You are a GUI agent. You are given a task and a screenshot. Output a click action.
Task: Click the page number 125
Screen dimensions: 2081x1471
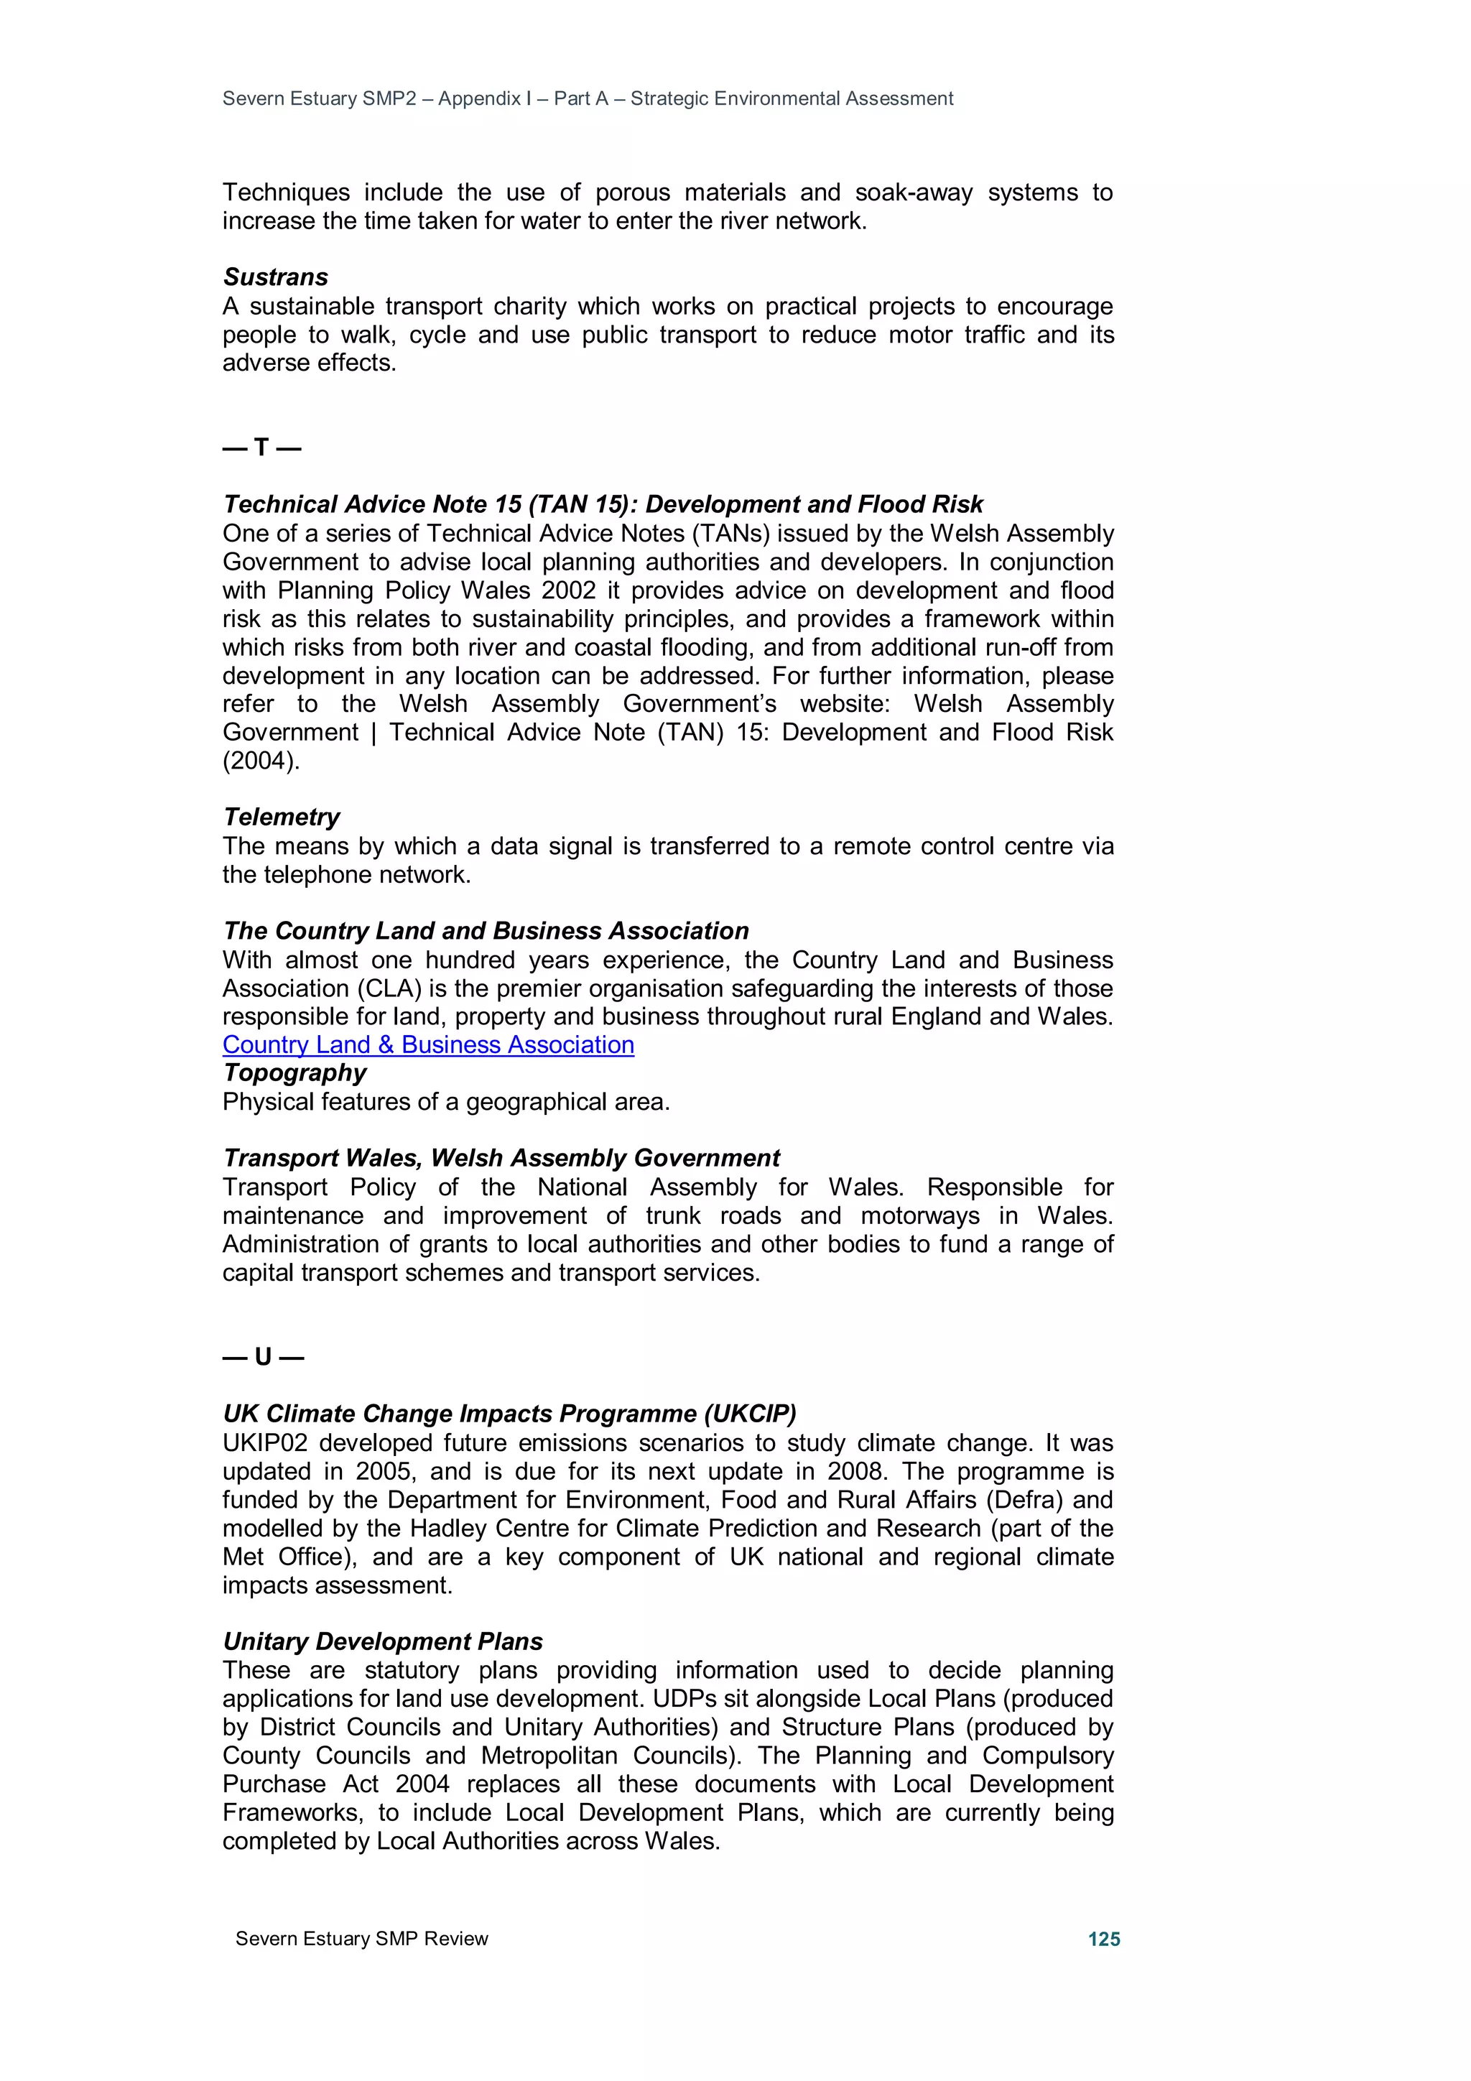1103,1939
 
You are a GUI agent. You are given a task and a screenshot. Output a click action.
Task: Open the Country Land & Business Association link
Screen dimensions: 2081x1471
428,1044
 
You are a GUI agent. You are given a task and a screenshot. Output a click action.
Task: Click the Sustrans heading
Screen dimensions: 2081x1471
276,277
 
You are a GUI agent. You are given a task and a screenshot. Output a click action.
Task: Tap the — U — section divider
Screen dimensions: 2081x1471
263,1357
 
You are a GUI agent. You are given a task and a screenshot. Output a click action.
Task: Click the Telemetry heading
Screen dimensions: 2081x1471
281,817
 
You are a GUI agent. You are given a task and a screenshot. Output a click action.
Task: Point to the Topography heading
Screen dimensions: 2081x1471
294,1072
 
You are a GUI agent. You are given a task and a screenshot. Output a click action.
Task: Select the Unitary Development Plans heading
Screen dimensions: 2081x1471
383,1641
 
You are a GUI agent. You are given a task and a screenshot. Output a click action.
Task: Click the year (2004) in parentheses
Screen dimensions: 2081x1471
260,761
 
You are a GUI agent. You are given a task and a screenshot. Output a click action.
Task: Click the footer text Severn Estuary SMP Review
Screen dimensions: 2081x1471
361,1939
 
